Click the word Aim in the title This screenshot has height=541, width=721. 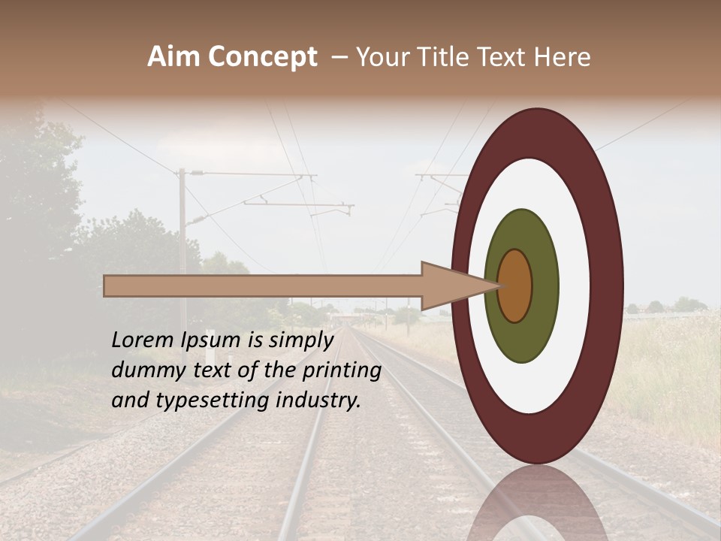pyautogui.click(x=174, y=57)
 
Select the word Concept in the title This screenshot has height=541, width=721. pyautogui.click(x=262, y=57)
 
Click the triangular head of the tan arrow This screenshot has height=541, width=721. pyautogui.click(x=451, y=286)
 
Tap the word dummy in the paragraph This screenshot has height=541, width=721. pyautogui.click(x=144, y=370)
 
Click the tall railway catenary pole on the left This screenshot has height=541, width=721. pyautogui.click(x=182, y=248)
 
